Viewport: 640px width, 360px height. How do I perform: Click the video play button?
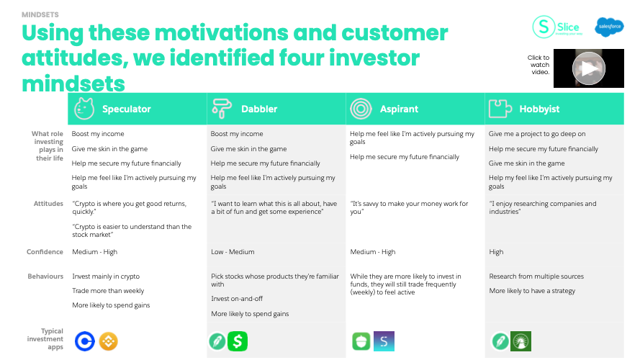coord(589,68)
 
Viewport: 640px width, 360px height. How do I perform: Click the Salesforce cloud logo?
coord(609,27)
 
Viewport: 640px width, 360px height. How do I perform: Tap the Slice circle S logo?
coord(544,27)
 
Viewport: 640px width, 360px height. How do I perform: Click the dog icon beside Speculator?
coord(84,109)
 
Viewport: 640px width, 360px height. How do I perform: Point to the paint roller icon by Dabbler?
coord(222,109)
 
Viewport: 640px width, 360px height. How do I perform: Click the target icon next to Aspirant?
coord(361,109)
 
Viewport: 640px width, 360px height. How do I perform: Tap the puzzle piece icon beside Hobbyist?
coord(500,109)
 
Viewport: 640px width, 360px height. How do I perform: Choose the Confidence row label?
coord(45,252)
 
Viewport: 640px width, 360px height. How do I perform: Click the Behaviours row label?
coord(45,276)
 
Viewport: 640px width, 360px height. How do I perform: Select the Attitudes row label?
coord(48,203)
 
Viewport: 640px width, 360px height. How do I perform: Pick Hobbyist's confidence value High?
coord(496,252)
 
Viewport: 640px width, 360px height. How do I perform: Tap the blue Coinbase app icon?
coord(85,341)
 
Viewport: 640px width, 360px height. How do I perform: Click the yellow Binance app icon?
coord(108,341)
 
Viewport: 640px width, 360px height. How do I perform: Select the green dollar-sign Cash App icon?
coord(238,341)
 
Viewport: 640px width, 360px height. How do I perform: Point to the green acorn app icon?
coord(361,341)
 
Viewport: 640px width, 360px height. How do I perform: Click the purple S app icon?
coord(384,341)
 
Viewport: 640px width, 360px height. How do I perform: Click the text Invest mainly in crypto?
coord(106,276)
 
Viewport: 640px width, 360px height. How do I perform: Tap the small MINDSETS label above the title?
coord(40,14)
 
